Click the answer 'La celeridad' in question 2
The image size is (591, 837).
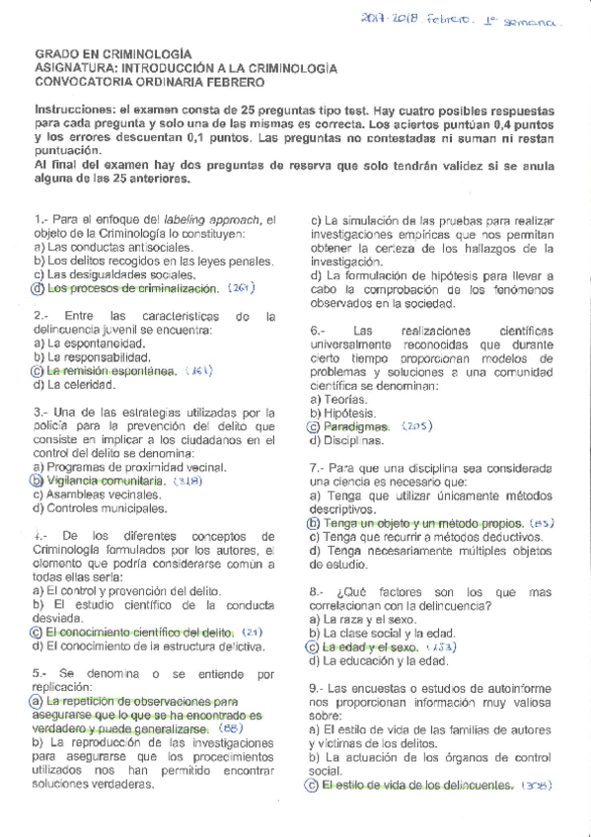point(83,384)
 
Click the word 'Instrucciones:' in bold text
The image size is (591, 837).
point(76,110)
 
